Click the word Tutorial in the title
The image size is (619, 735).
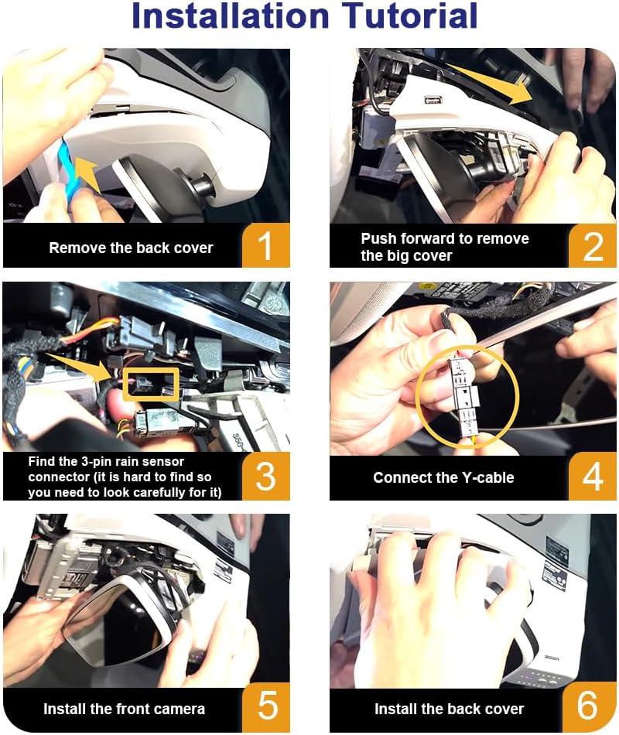pos(409,16)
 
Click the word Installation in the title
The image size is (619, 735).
pos(231,16)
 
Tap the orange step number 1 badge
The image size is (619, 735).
pos(266,245)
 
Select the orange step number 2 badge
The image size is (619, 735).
pos(592,245)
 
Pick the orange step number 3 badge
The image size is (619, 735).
pos(266,477)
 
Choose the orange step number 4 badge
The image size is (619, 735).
pos(592,477)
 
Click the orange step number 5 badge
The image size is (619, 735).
pos(267,706)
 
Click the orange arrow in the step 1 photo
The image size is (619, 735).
pos(88,174)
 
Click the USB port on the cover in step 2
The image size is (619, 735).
pos(431,100)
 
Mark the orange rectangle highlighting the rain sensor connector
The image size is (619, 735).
pos(151,385)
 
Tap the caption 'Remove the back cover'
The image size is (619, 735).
pos(131,248)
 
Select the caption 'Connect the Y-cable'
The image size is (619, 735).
pos(443,477)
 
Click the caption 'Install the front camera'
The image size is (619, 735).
pos(124,709)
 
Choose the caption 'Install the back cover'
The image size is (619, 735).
pos(449,709)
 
